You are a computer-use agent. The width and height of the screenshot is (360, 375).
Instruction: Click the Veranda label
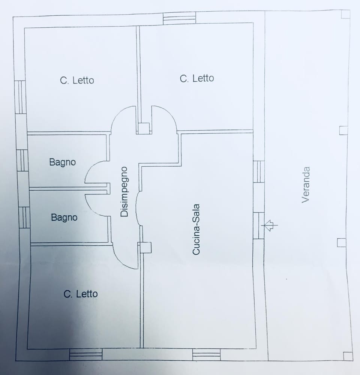click(x=306, y=185)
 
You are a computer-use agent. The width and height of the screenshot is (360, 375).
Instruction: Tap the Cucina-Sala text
click(x=196, y=229)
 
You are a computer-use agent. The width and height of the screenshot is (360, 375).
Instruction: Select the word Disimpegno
click(x=124, y=192)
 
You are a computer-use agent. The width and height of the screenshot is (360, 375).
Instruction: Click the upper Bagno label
click(x=63, y=162)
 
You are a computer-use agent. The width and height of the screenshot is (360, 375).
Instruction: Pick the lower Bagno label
click(x=64, y=217)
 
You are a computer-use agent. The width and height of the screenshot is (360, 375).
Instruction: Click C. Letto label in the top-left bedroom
click(x=77, y=80)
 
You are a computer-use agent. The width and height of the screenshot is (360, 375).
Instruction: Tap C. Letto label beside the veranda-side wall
click(x=197, y=78)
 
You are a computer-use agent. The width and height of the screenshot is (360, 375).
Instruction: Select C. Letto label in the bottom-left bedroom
click(x=81, y=294)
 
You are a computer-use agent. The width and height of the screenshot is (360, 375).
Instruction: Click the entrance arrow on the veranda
click(x=269, y=225)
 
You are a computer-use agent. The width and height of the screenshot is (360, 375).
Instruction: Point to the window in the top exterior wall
click(x=180, y=18)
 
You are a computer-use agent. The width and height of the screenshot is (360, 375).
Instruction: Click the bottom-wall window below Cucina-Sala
click(x=206, y=354)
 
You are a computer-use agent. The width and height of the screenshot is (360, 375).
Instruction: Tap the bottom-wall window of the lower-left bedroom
click(x=86, y=354)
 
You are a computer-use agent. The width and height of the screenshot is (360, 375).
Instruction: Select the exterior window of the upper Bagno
click(x=22, y=160)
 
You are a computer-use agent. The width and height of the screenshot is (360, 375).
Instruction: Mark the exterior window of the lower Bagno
click(x=24, y=217)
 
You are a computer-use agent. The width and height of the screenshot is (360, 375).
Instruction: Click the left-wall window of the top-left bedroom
click(x=20, y=97)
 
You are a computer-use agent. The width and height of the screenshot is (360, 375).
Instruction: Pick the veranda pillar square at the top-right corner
click(x=346, y=14)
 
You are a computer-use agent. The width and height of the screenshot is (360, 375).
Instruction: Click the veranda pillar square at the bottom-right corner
click(x=348, y=356)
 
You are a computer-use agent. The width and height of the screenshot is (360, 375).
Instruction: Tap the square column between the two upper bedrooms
click(x=144, y=128)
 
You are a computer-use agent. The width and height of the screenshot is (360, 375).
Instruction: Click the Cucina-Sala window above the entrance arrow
click(x=259, y=172)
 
